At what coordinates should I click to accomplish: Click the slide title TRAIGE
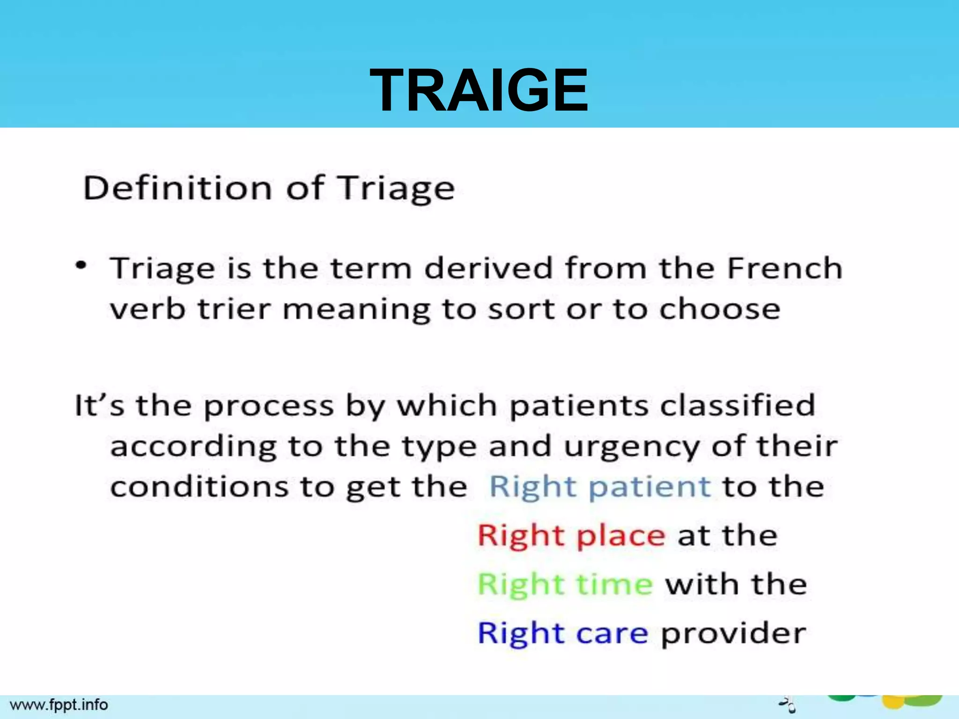click(x=479, y=90)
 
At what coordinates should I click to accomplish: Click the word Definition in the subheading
click(x=177, y=188)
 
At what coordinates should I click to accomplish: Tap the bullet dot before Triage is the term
click(x=81, y=265)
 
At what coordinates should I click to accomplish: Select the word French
click(x=785, y=268)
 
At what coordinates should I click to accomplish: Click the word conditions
click(x=199, y=487)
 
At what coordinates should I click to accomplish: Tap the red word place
click(x=620, y=536)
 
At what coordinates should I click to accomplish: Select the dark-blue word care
click(x=612, y=633)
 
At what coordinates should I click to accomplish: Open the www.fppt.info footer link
click(x=59, y=704)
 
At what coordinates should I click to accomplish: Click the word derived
click(x=488, y=268)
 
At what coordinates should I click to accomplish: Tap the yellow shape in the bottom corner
click(x=893, y=702)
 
